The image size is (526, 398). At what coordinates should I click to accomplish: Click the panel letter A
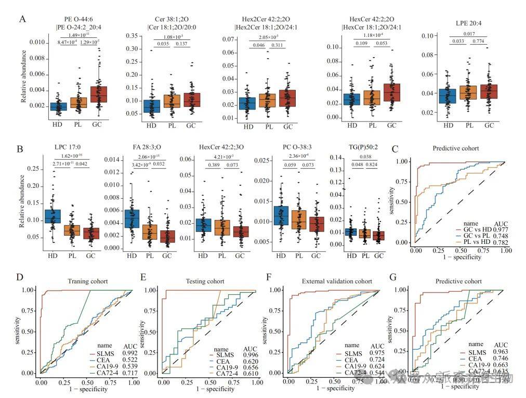point(22,19)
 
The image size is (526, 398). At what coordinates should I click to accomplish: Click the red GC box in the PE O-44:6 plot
point(98,94)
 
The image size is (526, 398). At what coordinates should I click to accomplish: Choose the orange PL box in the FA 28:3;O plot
point(151,231)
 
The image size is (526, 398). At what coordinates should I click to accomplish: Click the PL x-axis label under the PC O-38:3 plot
point(298,255)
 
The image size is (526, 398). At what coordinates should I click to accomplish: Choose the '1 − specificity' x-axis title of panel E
point(207,388)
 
